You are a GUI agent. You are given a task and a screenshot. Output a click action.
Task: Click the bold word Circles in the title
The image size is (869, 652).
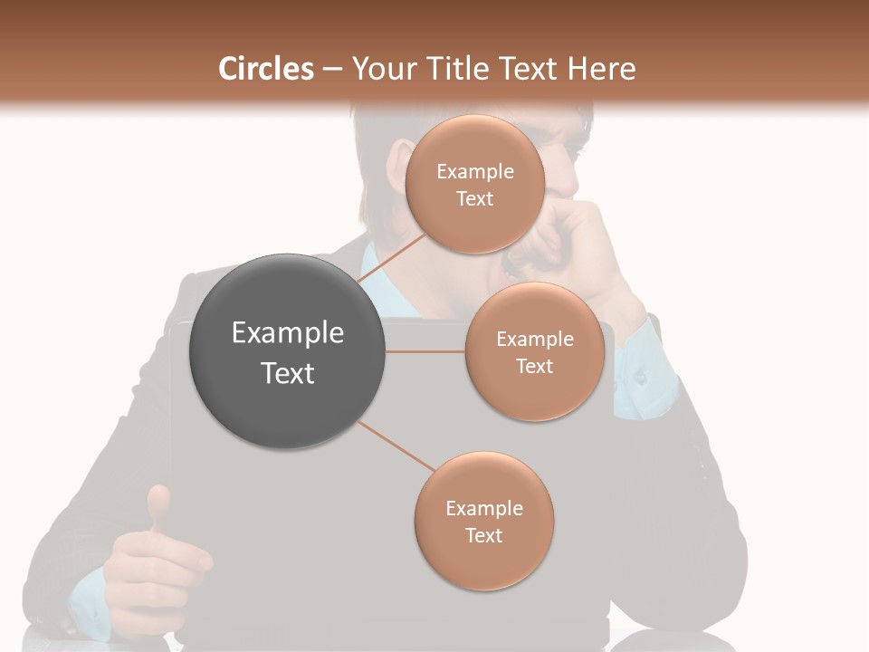tap(265, 69)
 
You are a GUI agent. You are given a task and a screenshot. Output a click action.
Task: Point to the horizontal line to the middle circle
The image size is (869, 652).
tap(425, 351)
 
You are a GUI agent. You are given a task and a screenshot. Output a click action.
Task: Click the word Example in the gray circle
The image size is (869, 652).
tap(287, 333)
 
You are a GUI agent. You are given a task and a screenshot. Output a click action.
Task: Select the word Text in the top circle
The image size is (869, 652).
tap(474, 198)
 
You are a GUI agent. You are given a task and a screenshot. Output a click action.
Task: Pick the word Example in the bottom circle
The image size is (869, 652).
tap(483, 509)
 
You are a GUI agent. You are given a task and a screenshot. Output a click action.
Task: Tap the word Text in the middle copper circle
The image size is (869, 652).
tap(534, 366)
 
